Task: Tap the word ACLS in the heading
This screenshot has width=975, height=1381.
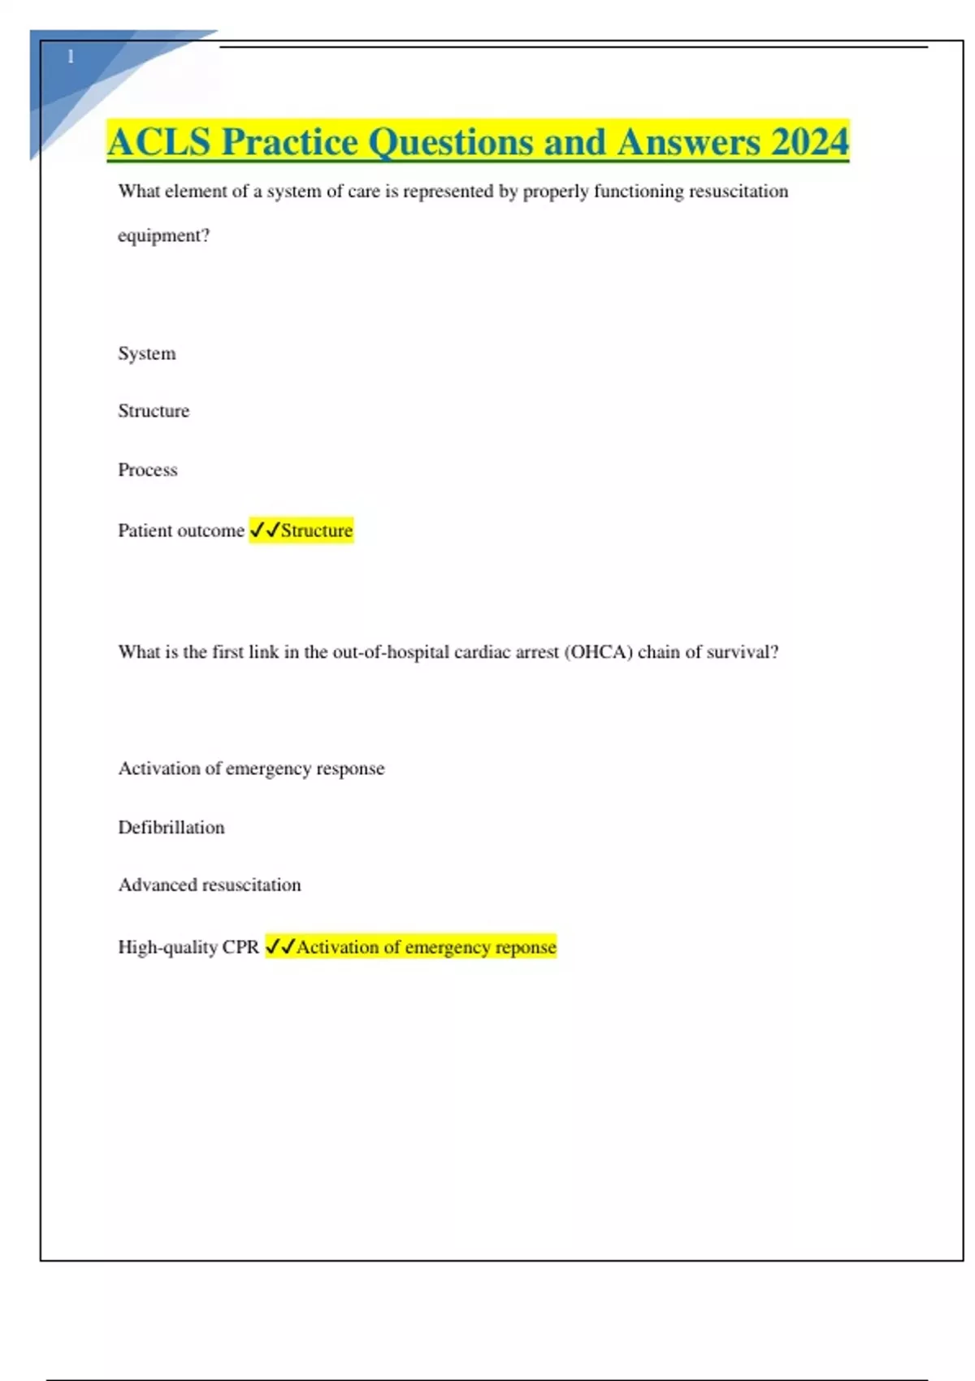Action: (x=158, y=142)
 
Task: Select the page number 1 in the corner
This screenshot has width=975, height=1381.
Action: (x=71, y=56)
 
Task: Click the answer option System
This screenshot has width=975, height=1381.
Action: (x=146, y=353)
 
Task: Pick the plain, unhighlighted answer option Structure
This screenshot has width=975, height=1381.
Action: (x=154, y=411)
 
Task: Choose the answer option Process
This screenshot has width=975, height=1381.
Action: (x=147, y=470)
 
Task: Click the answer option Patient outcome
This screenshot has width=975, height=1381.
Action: (x=180, y=530)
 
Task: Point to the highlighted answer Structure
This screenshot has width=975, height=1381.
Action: (x=317, y=530)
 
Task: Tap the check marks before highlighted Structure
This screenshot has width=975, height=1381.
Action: (x=265, y=530)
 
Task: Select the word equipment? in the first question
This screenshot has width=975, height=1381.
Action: (x=163, y=236)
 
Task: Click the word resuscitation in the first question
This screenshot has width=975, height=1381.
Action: (x=739, y=192)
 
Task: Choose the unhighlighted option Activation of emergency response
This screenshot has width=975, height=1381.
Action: (x=251, y=768)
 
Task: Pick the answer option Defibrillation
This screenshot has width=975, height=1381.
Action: (x=171, y=828)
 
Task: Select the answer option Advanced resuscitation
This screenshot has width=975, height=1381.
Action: (x=210, y=885)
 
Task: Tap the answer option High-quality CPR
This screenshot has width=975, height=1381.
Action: (x=188, y=947)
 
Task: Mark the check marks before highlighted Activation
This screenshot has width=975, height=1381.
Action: (x=280, y=947)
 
